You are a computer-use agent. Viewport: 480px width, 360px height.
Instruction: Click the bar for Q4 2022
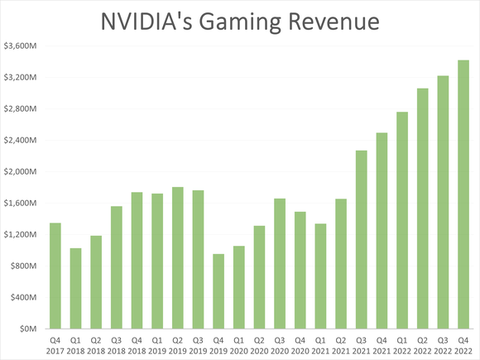point(463,194)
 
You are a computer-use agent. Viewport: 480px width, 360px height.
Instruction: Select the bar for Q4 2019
point(218,291)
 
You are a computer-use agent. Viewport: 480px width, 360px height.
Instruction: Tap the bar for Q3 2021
point(361,240)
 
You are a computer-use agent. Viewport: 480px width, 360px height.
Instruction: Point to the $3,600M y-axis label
point(20,46)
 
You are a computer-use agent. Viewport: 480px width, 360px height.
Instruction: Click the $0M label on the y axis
point(26,329)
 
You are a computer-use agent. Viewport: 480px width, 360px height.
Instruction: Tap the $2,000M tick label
point(20,172)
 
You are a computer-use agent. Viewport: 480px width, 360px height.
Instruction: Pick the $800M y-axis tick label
point(22,266)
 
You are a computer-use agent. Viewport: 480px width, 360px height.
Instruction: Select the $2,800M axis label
point(20,109)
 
